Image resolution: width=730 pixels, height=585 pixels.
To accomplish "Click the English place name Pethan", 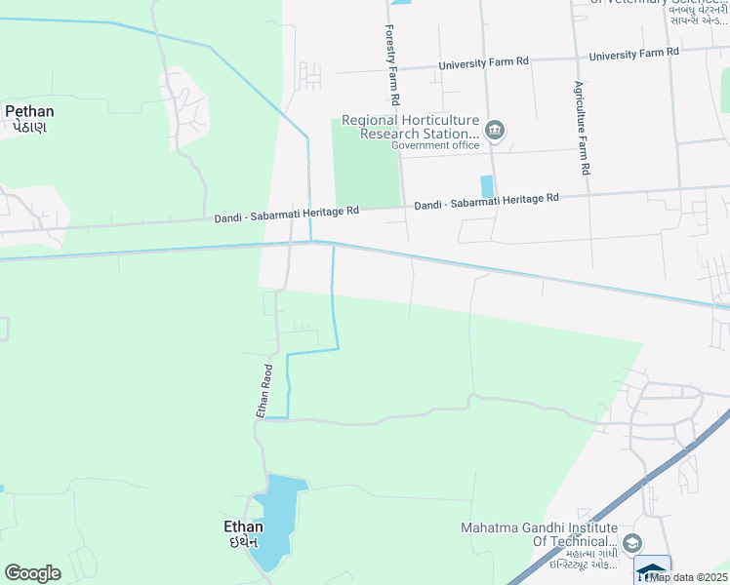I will pyautogui.click(x=29, y=111).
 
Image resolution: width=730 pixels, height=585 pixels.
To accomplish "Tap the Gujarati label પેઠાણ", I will pyautogui.click(x=29, y=127).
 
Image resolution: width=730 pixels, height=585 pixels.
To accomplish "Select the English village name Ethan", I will pyautogui.click(x=237, y=526).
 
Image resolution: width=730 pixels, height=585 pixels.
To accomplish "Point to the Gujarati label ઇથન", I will pyautogui.click(x=237, y=542).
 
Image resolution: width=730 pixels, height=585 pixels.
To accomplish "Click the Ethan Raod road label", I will pyautogui.click(x=264, y=392).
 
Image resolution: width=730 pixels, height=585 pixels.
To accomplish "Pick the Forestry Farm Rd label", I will pyautogui.click(x=392, y=65).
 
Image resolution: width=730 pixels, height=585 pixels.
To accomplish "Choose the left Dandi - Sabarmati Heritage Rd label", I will pyautogui.click(x=287, y=212).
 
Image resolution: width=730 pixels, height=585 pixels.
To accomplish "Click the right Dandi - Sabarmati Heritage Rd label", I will pyautogui.click(x=486, y=201).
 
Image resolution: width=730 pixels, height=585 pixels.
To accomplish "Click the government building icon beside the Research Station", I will pyautogui.click(x=495, y=131).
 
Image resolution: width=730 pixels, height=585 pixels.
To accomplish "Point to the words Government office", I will pyautogui.click(x=435, y=145).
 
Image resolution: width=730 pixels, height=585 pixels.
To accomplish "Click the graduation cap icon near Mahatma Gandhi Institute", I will pyautogui.click(x=632, y=542).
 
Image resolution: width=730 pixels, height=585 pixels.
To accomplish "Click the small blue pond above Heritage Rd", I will pyautogui.click(x=487, y=186).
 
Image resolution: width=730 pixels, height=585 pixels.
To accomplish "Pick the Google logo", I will pyautogui.click(x=32, y=573).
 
